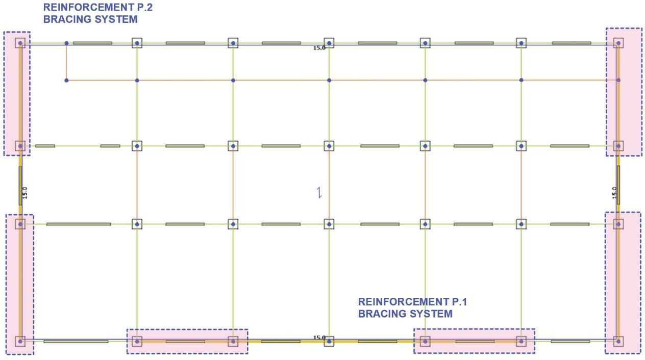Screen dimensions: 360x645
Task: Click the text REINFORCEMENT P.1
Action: (x=412, y=302)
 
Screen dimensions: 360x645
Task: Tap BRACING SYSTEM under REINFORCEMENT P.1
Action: (x=405, y=314)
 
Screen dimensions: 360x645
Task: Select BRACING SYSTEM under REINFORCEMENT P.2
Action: (x=90, y=19)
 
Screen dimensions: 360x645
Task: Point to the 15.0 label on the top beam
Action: (x=319, y=48)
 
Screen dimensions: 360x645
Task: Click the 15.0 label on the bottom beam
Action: (x=319, y=338)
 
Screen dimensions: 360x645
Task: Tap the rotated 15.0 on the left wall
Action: (x=25, y=193)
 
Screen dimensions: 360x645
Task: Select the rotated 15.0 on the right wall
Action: (x=614, y=193)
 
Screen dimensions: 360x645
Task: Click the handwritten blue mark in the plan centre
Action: (x=319, y=193)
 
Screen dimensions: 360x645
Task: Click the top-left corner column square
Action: (x=20, y=43)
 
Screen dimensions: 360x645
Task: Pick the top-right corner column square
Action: (x=618, y=43)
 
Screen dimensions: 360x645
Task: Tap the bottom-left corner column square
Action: (x=20, y=341)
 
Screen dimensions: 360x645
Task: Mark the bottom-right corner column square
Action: (x=618, y=341)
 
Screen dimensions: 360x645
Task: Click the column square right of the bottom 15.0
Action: (x=329, y=341)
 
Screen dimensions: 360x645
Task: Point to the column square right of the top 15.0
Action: (x=329, y=43)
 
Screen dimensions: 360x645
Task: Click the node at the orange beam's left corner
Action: (x=66, y=80)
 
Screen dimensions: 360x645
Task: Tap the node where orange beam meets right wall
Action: (x=618, y=80)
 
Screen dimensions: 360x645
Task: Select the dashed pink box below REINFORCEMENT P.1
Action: (x=474, y=341)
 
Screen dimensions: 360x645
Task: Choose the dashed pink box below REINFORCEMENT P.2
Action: (x=17, y=93)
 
